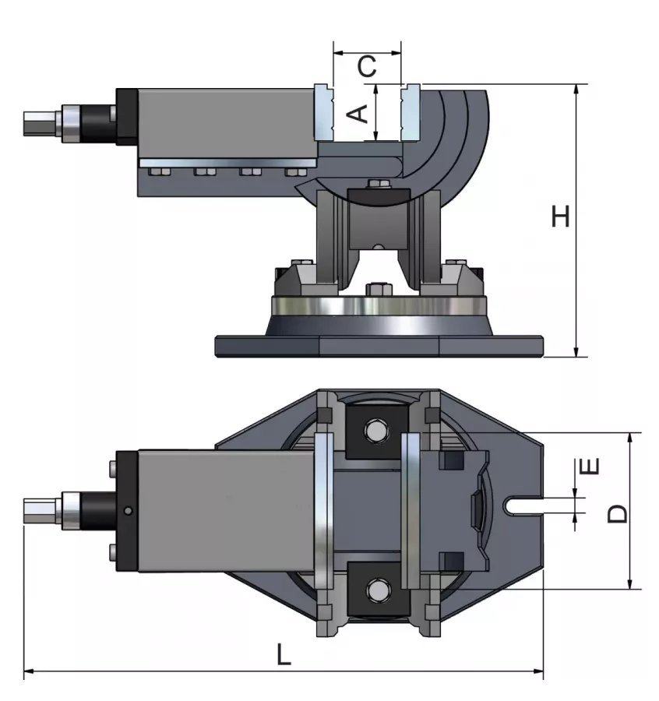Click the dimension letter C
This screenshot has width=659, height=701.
(367, 67)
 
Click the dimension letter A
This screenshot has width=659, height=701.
(357, 114)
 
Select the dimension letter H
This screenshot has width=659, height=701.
(560, 217)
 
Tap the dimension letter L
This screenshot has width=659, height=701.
(284, 654)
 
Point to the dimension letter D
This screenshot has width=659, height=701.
(617, 512)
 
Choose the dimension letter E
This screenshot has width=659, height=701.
(591, 467)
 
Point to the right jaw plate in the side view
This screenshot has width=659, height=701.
(409, 113)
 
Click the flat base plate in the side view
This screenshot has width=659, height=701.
(379, 345)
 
